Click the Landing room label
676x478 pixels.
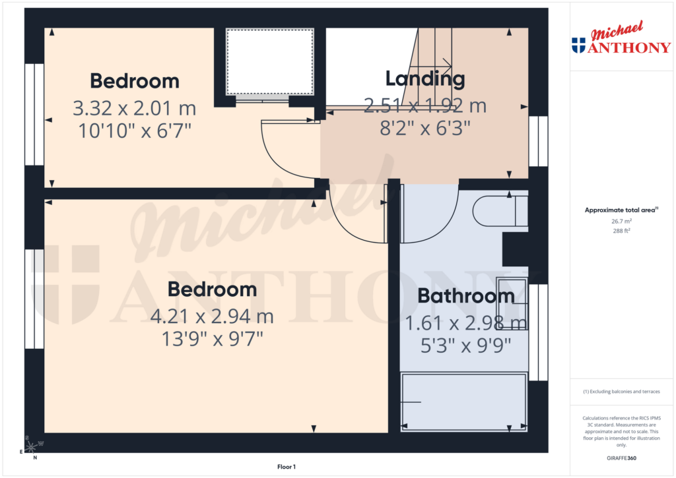424,80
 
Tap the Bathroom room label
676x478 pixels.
465,296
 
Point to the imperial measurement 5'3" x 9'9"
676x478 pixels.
465,345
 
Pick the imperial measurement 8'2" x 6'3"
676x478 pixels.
424,127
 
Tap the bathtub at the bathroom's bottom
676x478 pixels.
463,402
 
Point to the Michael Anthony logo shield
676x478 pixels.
578,45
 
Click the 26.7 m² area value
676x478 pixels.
621,222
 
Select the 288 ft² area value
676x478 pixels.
621,231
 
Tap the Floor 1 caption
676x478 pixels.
286,467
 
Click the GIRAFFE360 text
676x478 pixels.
621,458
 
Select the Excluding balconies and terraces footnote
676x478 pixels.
621,392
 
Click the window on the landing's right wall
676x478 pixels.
539,141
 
